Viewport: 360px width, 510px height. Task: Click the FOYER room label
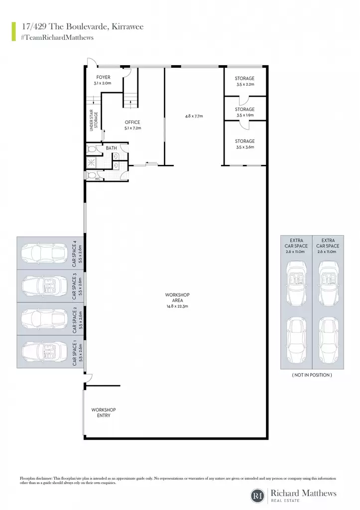pos(104,77)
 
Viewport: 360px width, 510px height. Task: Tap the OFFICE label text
pos(132,123)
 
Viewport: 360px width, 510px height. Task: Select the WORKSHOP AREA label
pos(177,298)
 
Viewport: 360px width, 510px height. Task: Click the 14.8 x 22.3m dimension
pos(177,306)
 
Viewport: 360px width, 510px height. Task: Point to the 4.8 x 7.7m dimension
pos(194,116)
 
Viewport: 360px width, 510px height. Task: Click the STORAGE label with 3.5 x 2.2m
pos(244,78)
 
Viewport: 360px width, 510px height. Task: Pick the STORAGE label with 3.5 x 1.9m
pos(244,109)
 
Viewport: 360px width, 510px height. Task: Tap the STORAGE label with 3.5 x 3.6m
pos(244,141)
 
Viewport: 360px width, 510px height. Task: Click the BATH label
pos(111,148)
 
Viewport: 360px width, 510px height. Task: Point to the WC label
pos(98,179)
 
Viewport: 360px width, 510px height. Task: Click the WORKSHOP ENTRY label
pos(104,413)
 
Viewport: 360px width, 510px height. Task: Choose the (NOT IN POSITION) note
pos(312,375)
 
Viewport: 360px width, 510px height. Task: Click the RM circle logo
pos(258,496)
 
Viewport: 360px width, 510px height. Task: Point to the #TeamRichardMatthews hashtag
pos(57,37)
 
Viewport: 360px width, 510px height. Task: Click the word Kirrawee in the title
pos(128,27)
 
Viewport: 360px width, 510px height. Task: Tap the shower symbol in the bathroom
pos(90,162)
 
